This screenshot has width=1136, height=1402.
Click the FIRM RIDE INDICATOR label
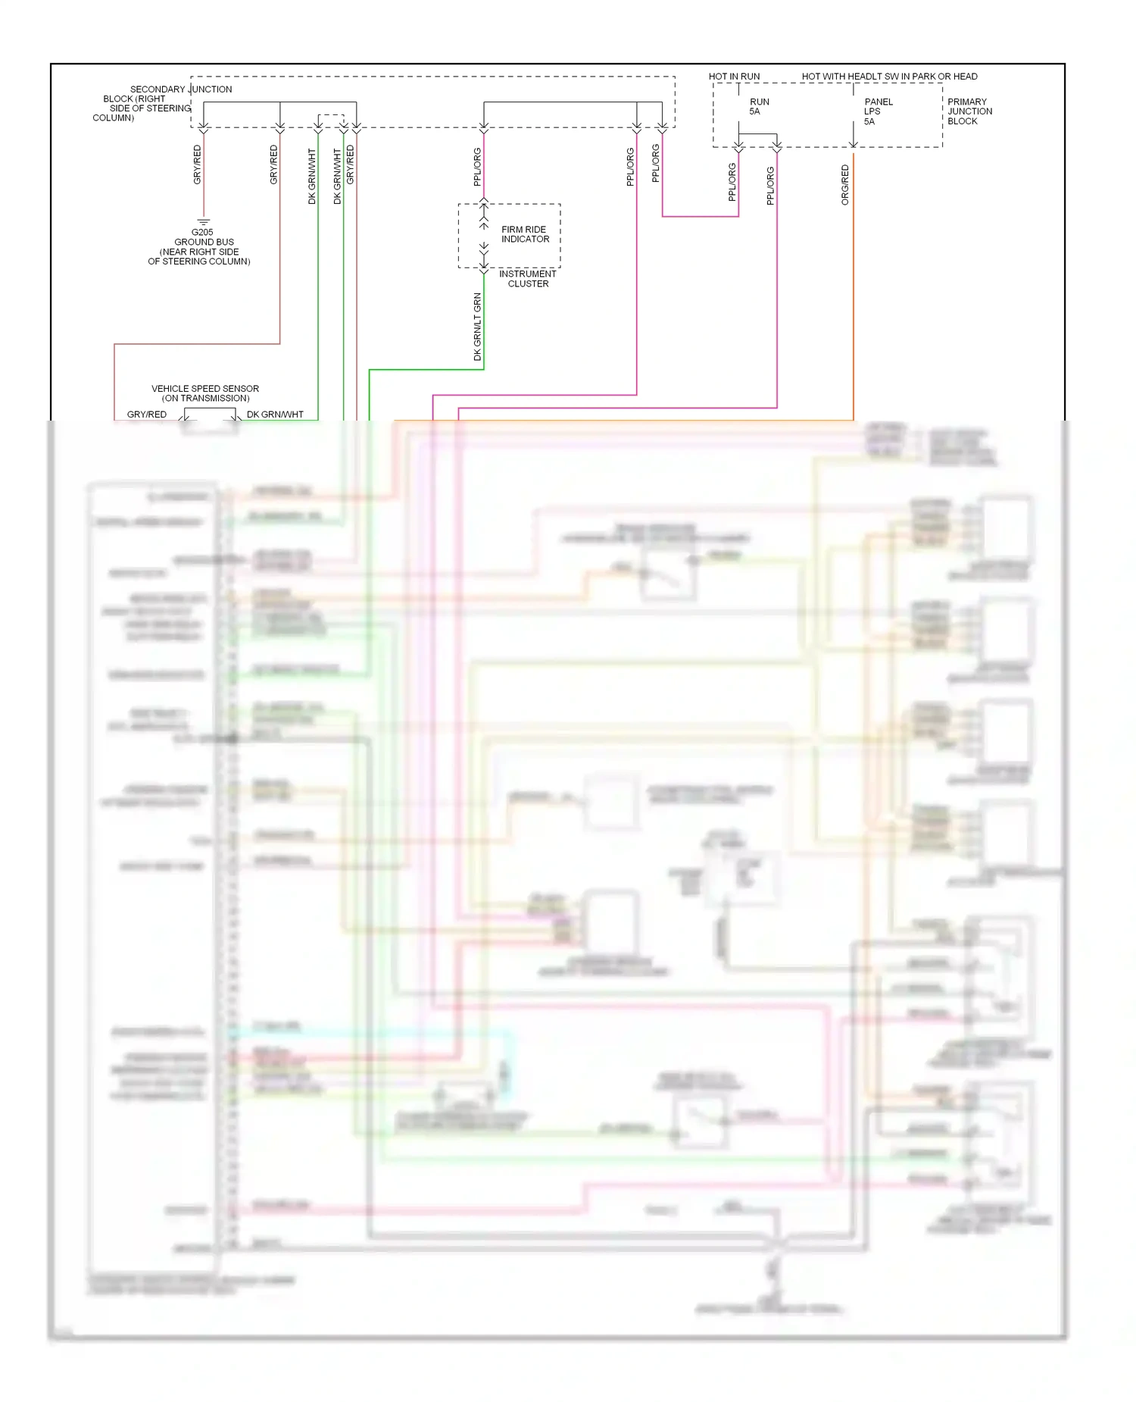pos(525,234)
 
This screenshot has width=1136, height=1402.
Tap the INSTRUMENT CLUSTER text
pos(528,279)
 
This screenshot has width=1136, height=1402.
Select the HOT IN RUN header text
pos(734,77)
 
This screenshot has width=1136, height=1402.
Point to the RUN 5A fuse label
pos(759,107)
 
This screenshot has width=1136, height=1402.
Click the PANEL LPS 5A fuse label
pos(878,111)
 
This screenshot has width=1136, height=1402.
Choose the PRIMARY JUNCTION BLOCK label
pos(969,111)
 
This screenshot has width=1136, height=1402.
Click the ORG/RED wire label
pos(845,185)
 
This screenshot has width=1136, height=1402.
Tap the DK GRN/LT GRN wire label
pos(478,326)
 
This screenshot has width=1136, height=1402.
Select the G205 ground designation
pos(202,232)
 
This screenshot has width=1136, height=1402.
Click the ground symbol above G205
pos(203,222)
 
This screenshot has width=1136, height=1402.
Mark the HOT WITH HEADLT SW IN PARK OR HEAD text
pos(889,77)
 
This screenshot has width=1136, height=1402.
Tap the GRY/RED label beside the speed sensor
pos(147,415)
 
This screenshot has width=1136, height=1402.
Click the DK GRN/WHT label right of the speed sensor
pos(275,415)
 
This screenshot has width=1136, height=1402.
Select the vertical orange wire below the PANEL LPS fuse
pos(854,303)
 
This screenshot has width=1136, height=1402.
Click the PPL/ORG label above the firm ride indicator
pos(478,167)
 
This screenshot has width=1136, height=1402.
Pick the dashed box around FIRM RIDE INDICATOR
pos(459,236)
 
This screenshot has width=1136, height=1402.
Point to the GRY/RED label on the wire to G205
pos(198,164)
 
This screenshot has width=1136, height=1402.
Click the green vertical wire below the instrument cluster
pos(484,333)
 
